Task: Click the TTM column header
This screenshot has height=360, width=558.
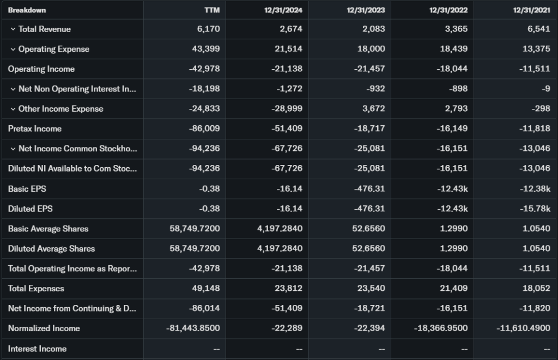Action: click(212, 10)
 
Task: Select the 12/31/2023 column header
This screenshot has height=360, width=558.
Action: click(366, 10)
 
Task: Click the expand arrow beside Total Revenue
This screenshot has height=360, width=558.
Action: click(13, 29)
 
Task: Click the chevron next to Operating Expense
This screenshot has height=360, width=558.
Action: click(13, 49)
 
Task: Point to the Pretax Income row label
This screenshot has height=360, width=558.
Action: click(35, 129)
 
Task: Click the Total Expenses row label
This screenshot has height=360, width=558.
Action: click(36, 289)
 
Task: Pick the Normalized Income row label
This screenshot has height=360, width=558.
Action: click(44, 328)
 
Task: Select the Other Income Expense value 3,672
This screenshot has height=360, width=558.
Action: click(374, 109)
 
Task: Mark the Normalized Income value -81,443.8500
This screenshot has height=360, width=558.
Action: click(193, 328)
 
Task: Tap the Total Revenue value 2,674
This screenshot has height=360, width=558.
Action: click(290, 29)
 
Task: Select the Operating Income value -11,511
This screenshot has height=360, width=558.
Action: click(535, 69)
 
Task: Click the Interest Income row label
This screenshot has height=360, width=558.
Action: click(37, 349)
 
